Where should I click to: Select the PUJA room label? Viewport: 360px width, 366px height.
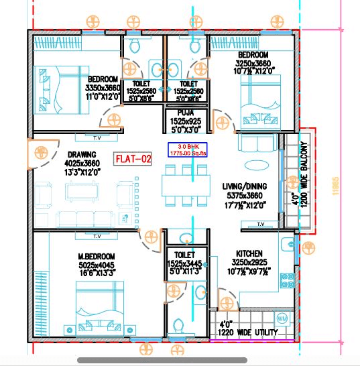click(186, 114)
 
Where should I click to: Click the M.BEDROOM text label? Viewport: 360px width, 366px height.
click(97, 257)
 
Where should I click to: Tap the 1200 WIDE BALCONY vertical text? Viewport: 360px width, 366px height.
click(304, 174)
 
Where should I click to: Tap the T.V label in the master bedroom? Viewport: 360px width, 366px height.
click(97, 236)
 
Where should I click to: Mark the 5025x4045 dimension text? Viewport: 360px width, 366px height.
click(96, 266)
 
